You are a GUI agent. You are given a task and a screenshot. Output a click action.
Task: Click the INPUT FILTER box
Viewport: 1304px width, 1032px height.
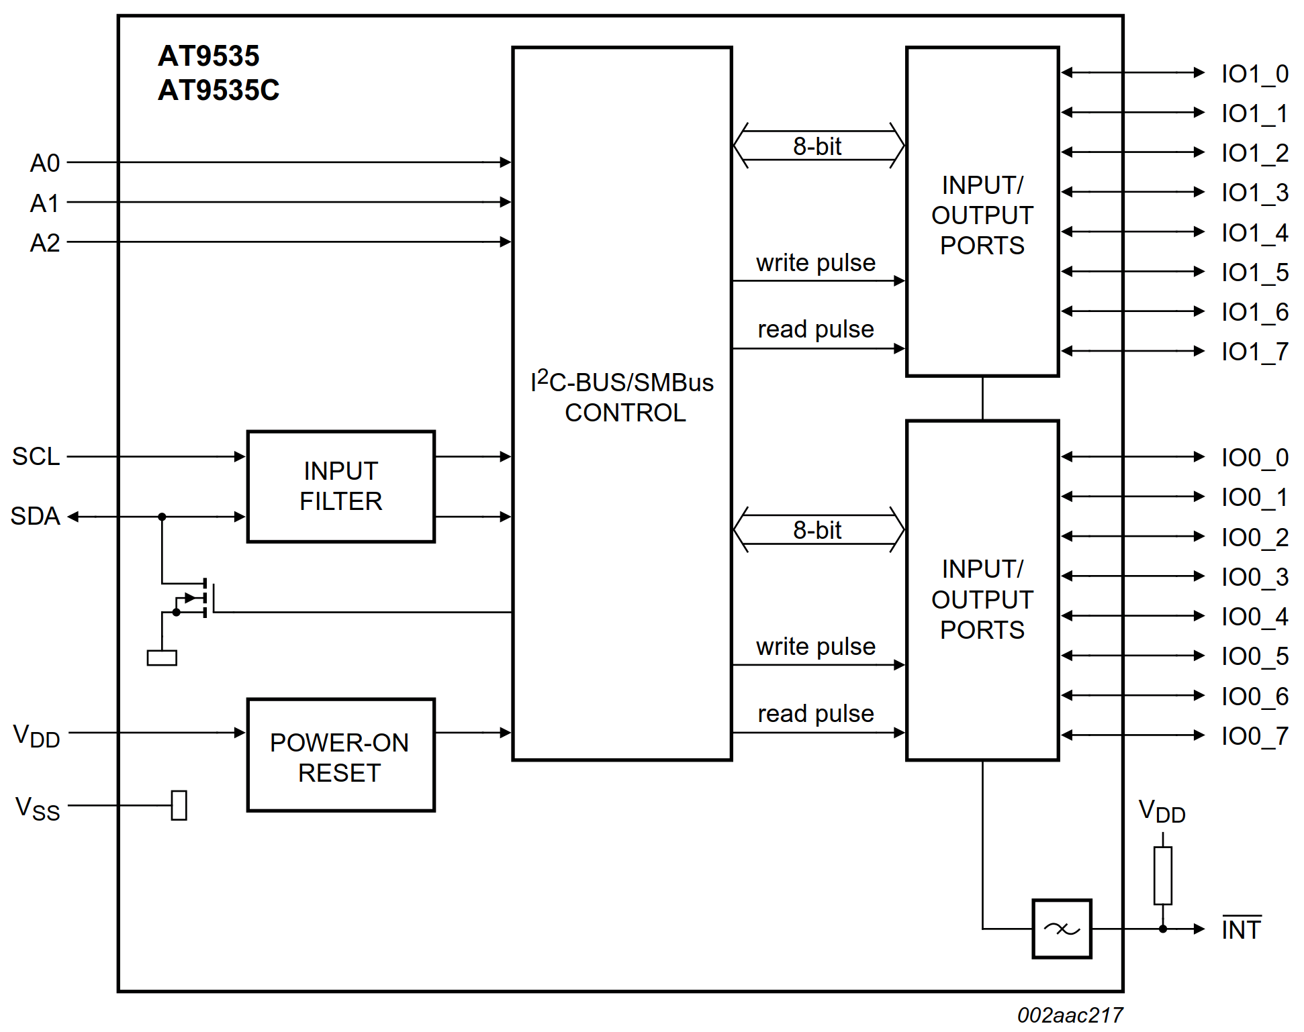click(341, 486)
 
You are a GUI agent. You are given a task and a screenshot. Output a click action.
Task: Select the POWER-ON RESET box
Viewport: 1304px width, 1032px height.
click(341, 756)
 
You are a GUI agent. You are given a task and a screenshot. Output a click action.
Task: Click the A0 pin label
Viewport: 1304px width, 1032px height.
click(45, 163)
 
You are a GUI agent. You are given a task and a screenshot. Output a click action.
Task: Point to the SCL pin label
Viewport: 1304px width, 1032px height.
click(36, 457)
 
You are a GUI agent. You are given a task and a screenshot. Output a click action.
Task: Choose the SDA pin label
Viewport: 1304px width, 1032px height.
click(36, 517)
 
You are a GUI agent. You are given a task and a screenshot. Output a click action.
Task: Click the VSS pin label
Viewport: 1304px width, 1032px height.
click(38, 808)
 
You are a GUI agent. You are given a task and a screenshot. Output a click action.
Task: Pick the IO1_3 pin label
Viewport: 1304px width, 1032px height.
click(1254, 193)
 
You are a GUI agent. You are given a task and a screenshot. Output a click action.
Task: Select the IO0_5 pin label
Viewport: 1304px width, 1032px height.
click(1254, 657)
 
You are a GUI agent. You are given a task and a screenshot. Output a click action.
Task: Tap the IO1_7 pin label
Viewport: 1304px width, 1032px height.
click(1254, 352)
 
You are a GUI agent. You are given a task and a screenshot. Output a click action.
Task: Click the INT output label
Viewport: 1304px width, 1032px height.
click(1241, 930)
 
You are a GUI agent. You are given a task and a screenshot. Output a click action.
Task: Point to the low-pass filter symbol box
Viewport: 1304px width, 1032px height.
click(1062, 929)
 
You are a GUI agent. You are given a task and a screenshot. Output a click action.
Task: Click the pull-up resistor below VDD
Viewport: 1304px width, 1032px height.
click(1163, 876)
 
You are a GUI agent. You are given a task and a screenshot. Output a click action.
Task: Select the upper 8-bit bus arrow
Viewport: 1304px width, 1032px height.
click(819, 146)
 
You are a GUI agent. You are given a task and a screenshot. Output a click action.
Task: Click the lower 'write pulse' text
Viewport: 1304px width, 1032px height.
click(816, 647)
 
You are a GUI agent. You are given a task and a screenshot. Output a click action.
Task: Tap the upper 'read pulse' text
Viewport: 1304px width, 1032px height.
click(816, 329)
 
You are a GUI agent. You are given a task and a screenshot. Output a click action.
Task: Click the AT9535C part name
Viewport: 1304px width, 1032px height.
click(218, 91)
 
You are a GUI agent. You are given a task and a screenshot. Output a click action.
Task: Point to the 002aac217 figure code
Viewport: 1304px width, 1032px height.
click(1070, 1015)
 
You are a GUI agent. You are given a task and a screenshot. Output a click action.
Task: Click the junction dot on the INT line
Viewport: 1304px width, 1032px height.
click(1163, 929)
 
